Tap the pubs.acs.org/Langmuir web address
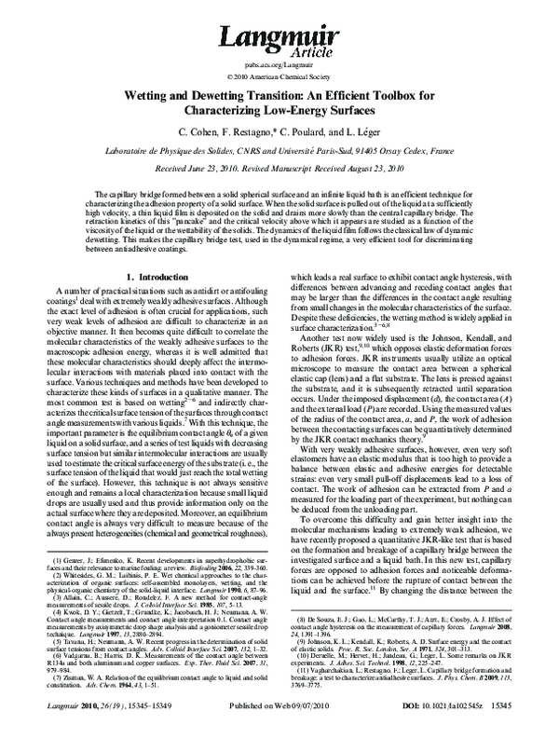tap(279, 66)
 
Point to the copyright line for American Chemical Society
tap(279, 78)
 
